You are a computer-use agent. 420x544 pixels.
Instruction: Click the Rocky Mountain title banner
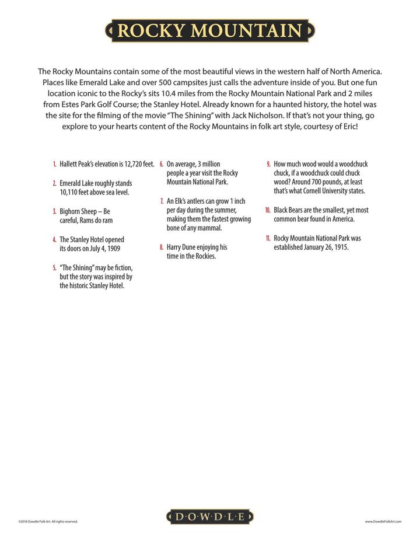point(210,30)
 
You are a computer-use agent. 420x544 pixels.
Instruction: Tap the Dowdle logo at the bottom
point(210,517)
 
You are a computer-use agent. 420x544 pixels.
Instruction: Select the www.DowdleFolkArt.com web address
point(383,521)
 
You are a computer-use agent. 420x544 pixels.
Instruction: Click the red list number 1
point(54,164)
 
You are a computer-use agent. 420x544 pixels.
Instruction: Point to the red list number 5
point(54,267)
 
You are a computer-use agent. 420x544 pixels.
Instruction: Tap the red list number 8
point(162,247)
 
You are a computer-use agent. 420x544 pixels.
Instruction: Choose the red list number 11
point(267,238)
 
